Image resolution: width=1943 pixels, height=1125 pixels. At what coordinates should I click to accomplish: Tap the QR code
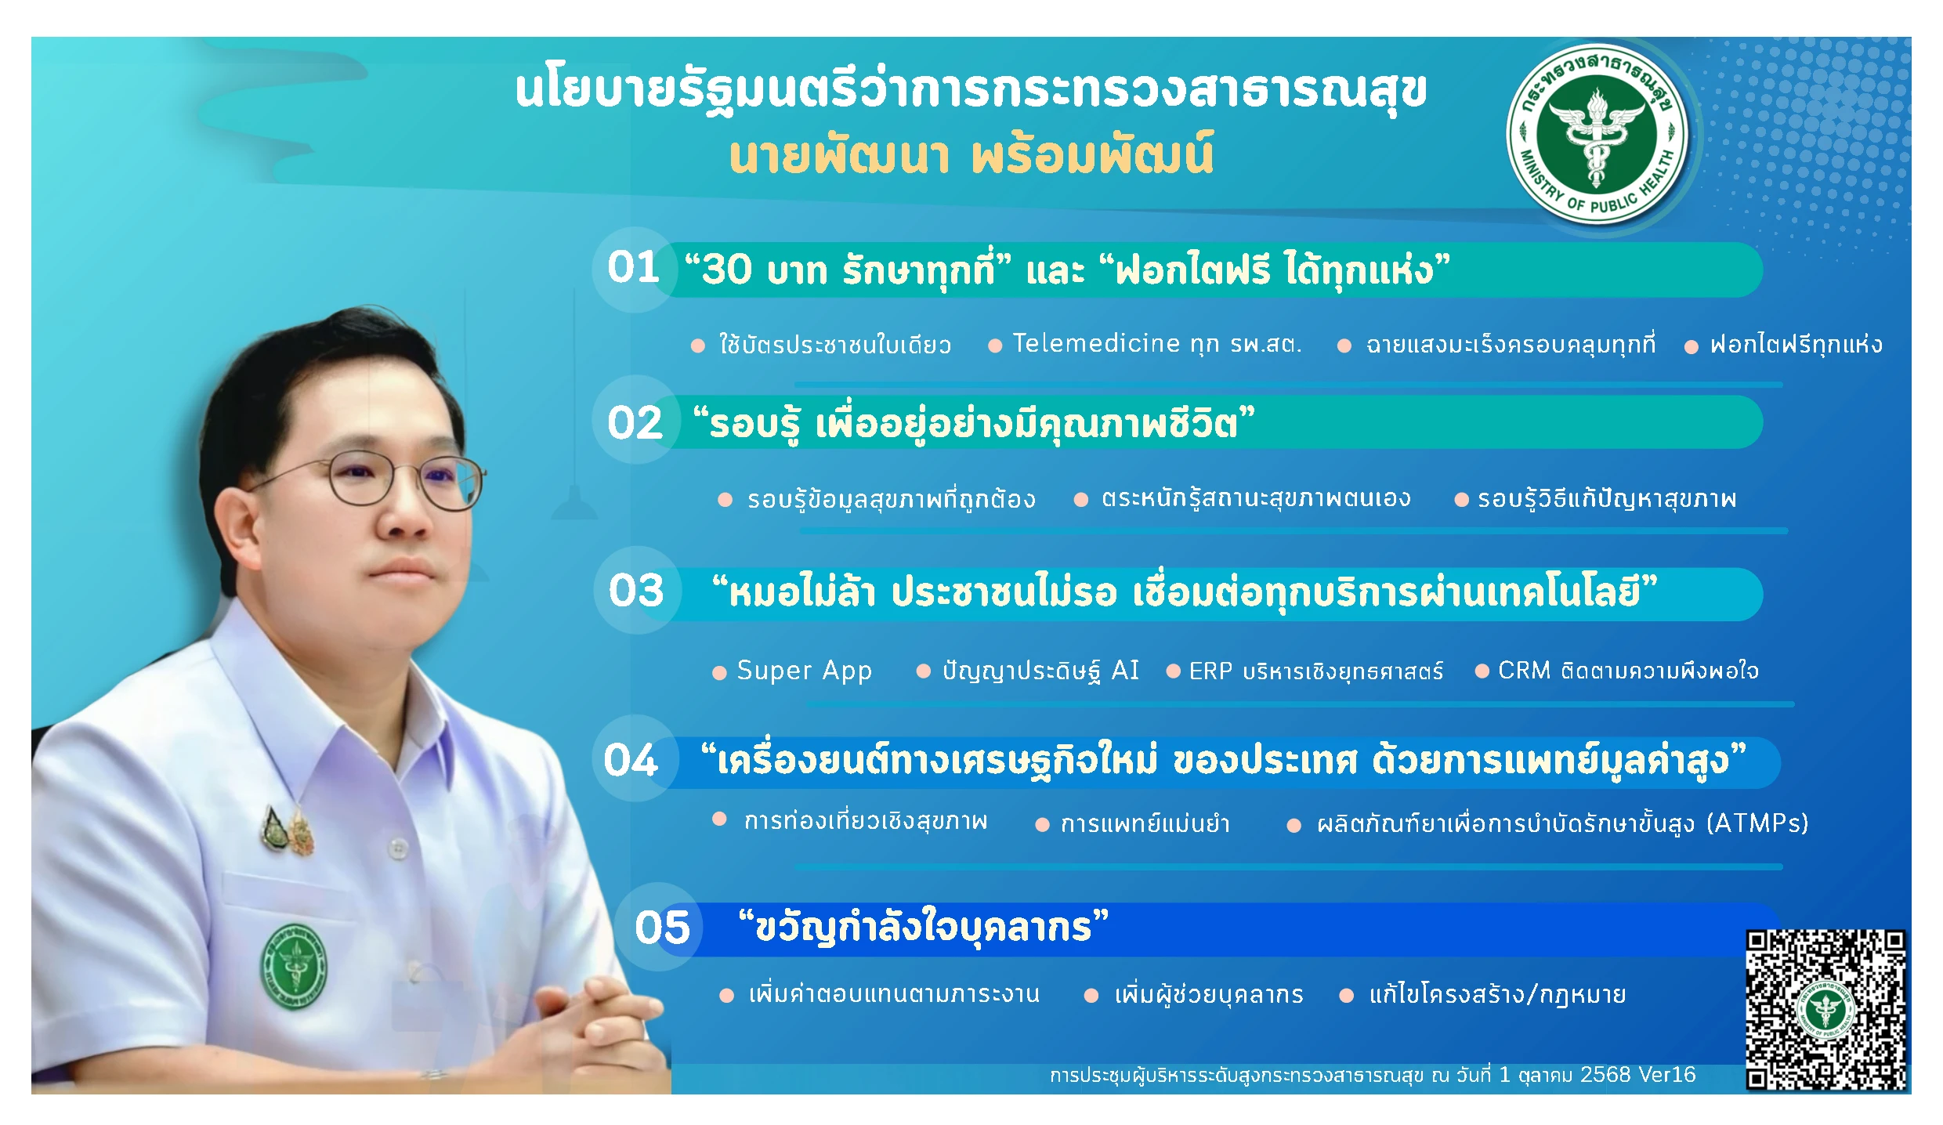(1826, 1010)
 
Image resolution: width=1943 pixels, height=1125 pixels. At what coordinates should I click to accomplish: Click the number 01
(634, 267)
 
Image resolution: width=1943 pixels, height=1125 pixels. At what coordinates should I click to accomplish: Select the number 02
(635, 423)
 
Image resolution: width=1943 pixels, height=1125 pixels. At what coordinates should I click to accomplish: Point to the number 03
(636, 590)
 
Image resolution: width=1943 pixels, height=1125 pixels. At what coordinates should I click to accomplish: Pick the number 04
(631, 760)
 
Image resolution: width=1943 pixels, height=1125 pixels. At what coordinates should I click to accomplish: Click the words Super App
(805, 671)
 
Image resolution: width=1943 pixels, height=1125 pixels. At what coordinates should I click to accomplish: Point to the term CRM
(1525, 671)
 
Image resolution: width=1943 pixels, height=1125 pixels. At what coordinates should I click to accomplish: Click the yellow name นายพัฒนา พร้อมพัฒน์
(971, 154)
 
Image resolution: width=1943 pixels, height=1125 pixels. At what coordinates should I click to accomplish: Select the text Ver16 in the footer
(1666, 1074)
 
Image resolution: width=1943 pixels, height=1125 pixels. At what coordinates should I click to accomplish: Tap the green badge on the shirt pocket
(294, 967)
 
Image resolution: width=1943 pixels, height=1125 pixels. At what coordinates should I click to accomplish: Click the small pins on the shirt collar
(290, 832)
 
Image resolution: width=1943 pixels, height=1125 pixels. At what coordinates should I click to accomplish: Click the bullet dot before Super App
(719, 673)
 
